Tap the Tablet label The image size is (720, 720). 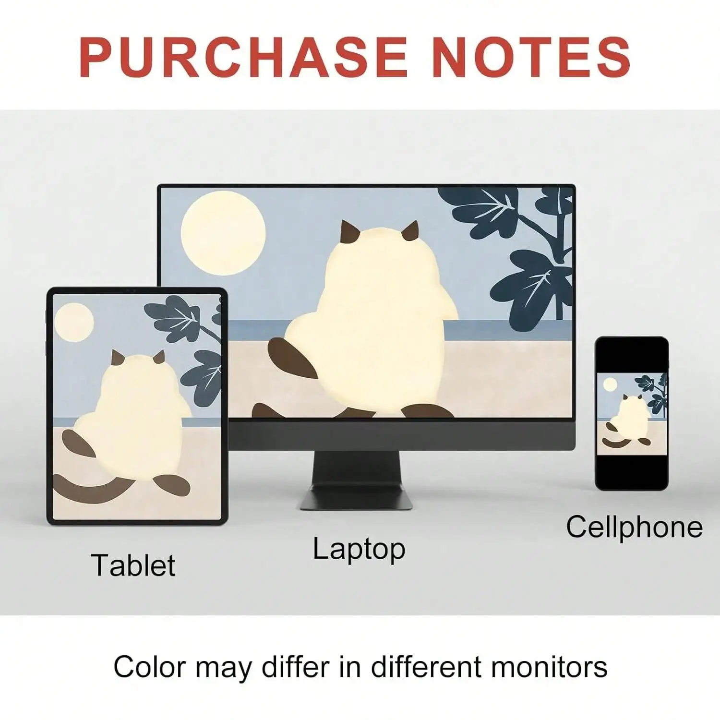133,565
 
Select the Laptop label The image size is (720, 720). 359,550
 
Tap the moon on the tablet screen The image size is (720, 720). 74,323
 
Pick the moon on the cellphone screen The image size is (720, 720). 610,384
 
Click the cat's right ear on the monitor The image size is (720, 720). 411,231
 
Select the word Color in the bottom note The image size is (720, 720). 149,667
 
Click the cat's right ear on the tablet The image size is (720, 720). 159,357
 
